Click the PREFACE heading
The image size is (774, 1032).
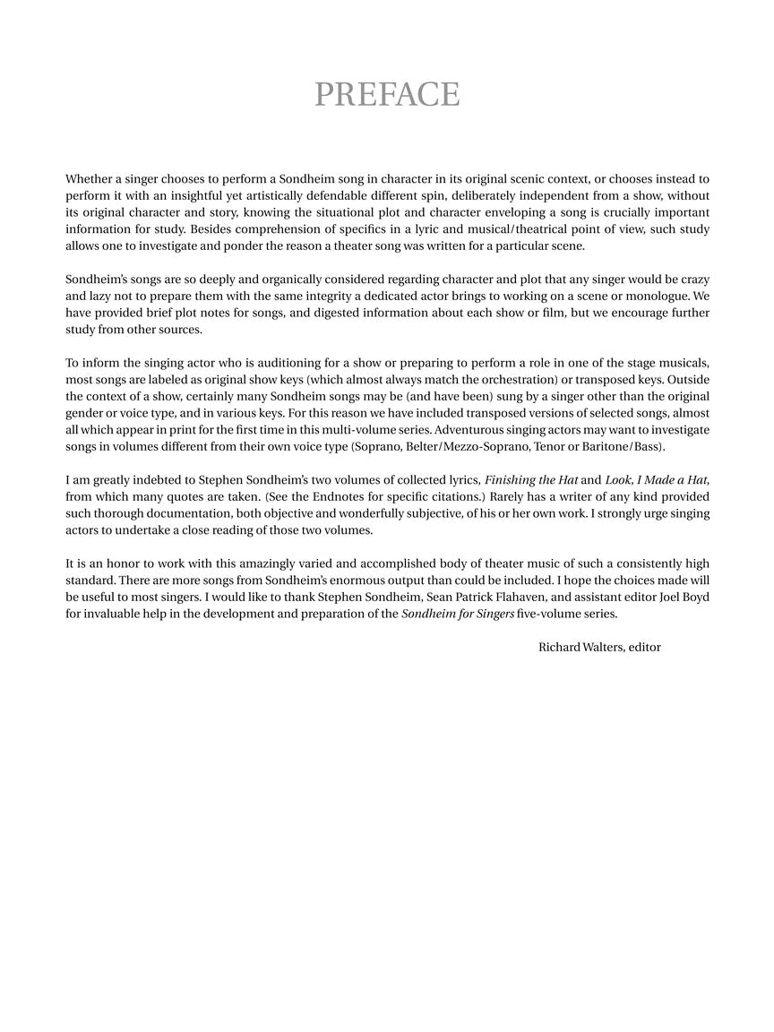[x=387, y=94]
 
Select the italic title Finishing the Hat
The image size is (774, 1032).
[x=530, y=479]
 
